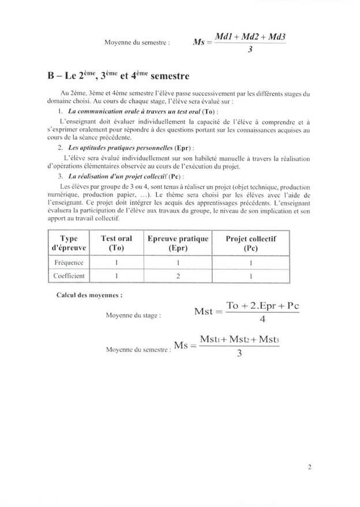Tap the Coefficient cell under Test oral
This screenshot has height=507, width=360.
117,276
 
